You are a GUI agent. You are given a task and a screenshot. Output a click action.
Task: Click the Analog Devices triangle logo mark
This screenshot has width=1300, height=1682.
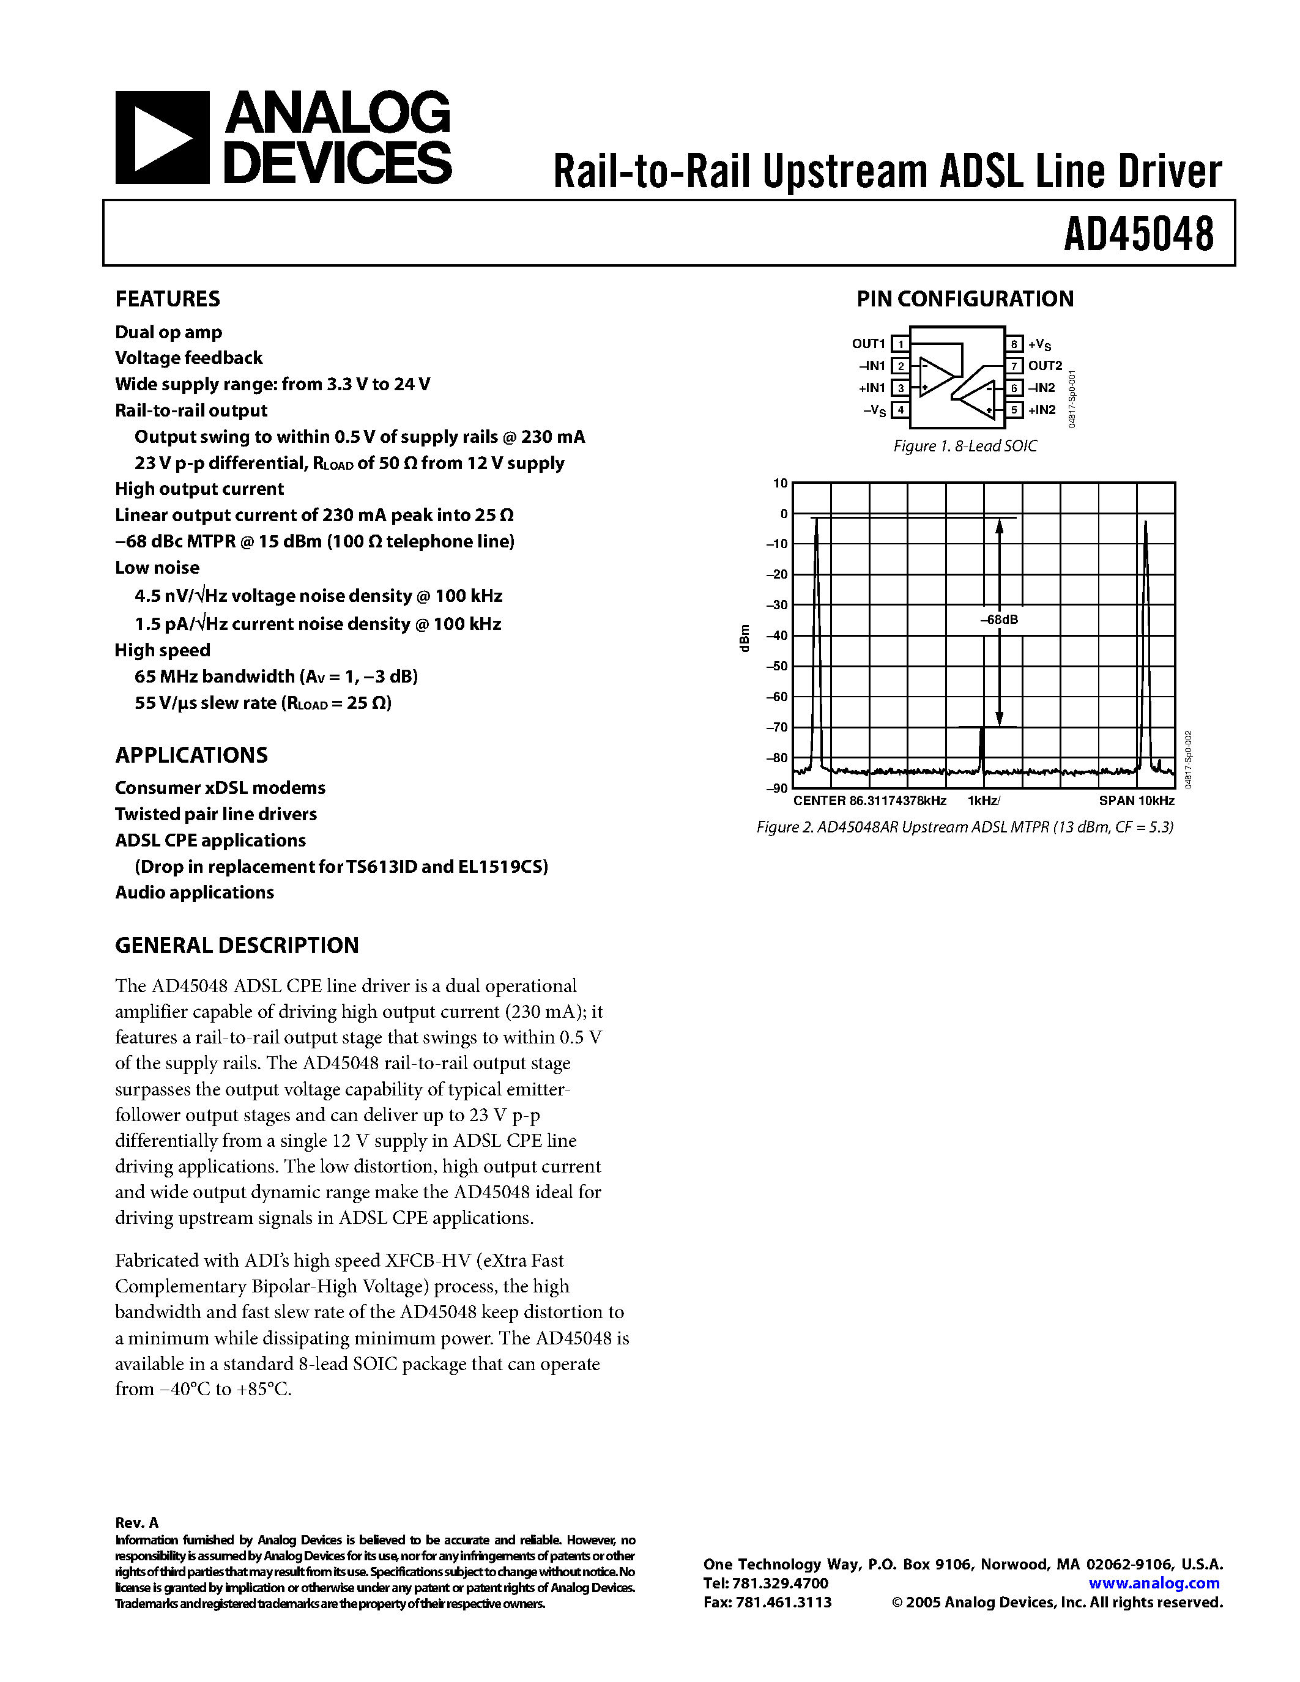click(162, 138)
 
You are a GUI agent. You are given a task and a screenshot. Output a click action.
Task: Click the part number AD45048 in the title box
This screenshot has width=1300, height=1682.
click(1138, 234)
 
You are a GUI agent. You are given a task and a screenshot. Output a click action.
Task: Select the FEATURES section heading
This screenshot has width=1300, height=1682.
click(167, 299)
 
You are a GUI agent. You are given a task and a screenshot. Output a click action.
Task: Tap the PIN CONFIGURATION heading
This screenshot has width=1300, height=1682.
click(964, 299)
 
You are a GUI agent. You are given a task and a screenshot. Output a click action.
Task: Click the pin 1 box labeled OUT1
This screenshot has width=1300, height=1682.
click(899, 344)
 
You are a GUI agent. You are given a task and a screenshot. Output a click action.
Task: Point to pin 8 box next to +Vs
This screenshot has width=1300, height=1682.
click(1015, 344)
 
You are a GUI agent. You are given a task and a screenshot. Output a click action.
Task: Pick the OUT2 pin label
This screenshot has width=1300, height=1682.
click(1044, 366)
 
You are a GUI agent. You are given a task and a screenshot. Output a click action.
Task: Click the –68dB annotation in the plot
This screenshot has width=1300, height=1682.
click(999, 619)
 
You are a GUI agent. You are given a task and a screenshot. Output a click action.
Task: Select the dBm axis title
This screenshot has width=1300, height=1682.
click(744, 639)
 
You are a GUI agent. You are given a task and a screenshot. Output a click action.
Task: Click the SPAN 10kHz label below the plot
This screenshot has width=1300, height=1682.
click(1136, 800)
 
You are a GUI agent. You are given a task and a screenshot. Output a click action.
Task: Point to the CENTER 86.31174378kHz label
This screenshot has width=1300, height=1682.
click(869, 800)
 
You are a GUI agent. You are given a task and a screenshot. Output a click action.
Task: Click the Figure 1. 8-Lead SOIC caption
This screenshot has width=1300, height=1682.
click(964, 446)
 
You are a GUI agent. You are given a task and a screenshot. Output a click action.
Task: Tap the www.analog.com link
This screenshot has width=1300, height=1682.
click(1154, 1583)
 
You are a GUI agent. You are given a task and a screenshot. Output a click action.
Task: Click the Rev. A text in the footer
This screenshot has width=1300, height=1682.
click(136, 1522)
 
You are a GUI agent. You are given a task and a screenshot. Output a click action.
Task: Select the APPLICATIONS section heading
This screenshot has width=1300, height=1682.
click(191, 755)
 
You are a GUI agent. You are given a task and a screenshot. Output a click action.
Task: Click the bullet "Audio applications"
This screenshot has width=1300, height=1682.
click(194, 892)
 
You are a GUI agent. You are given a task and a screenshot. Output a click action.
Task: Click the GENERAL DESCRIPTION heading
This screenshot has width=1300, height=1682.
click(236, 945)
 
